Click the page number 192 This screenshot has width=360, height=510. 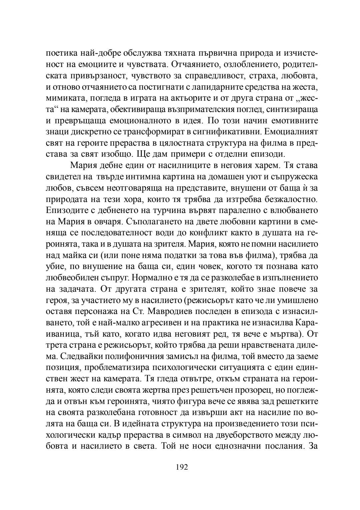pos(182,467)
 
